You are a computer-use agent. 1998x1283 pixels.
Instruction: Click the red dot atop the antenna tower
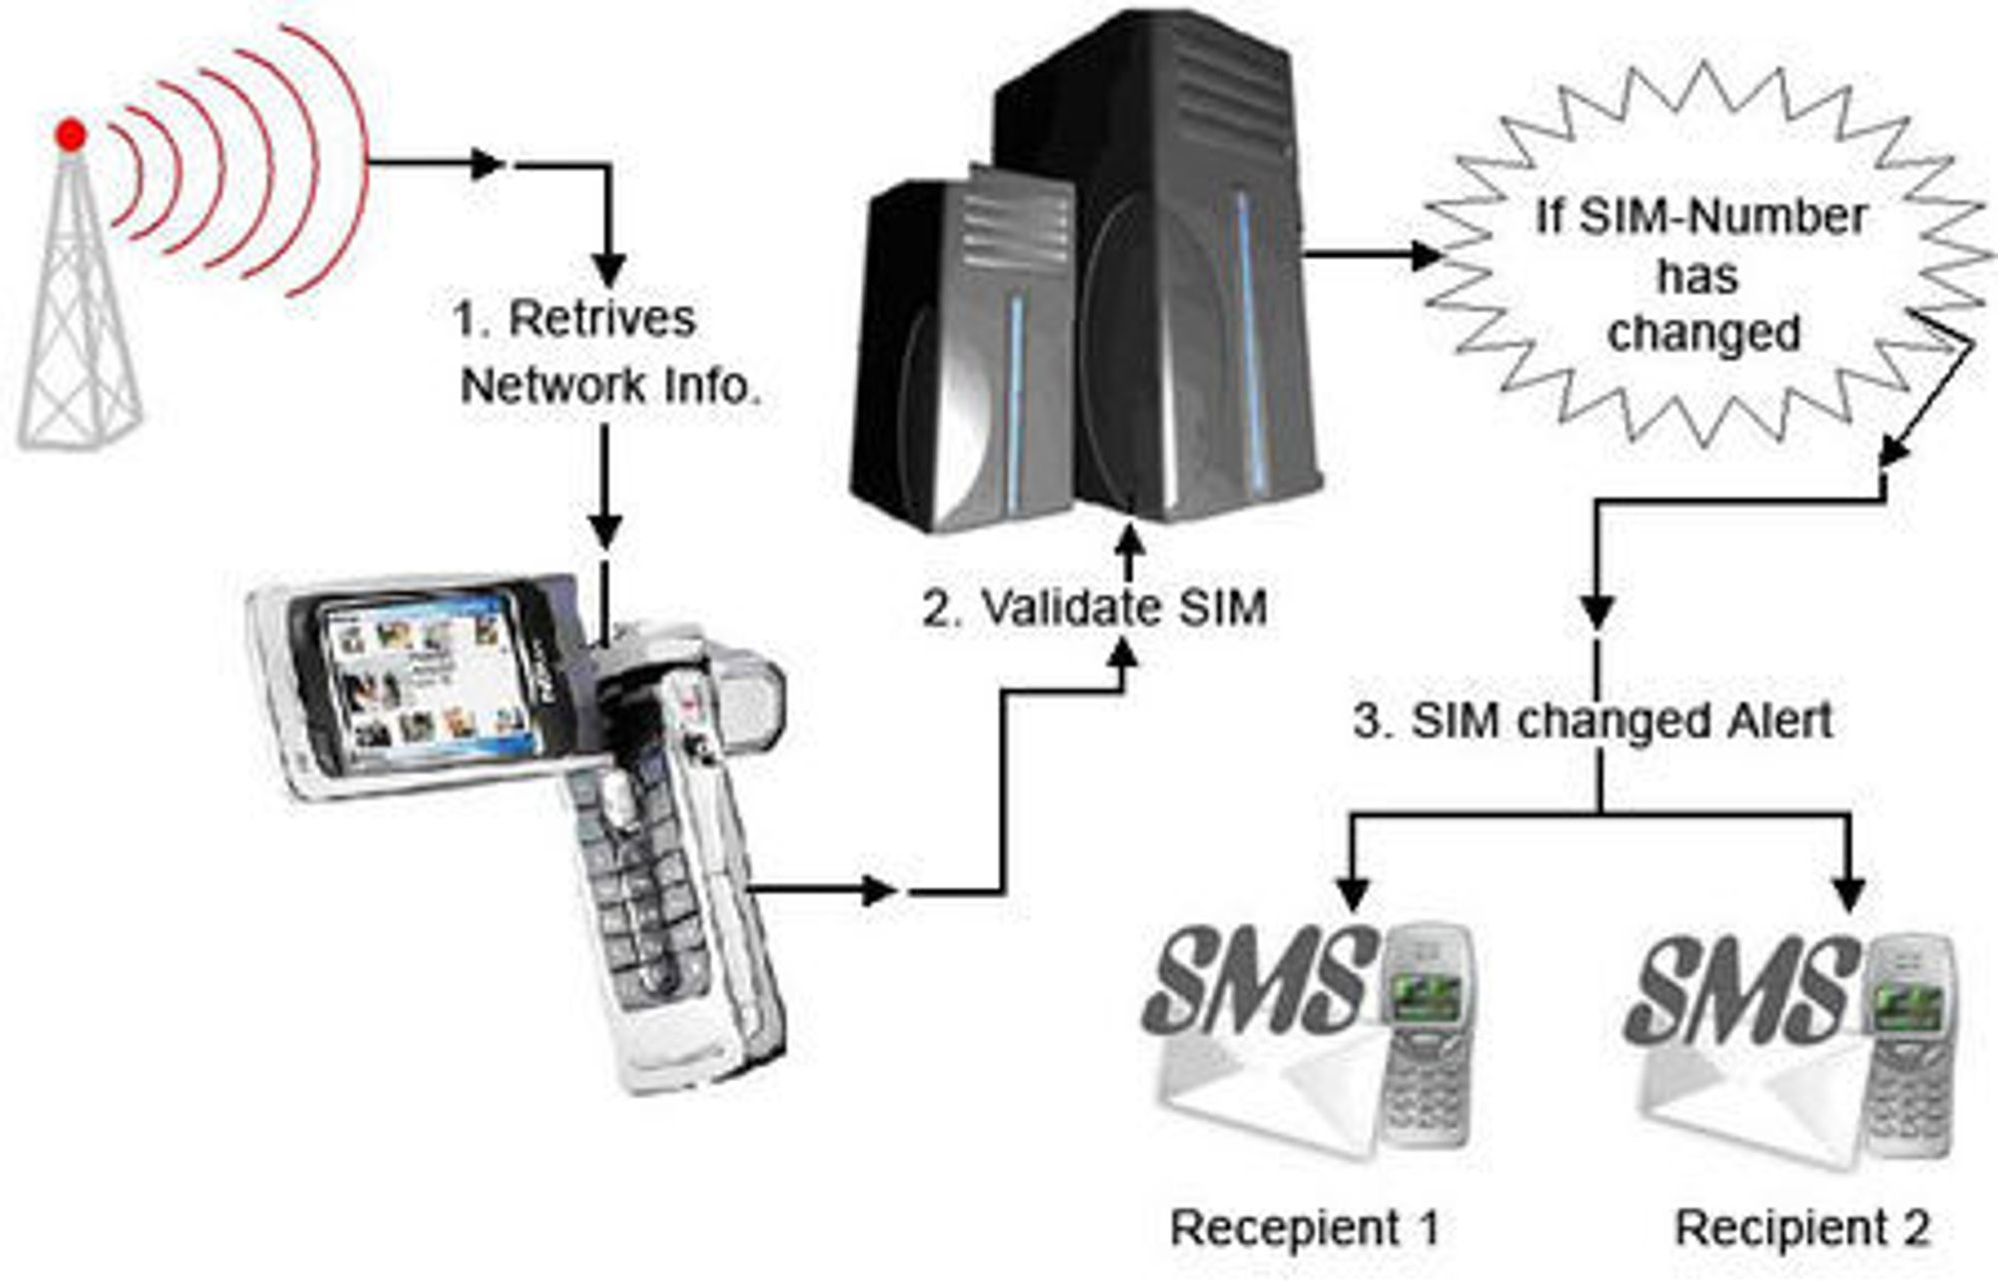tap(70, 135)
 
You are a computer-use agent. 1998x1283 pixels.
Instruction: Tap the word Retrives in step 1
tap(601, 320)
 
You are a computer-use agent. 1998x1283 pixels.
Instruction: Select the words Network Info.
tap(610, 386)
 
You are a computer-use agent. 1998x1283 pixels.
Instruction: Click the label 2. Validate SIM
tap(1095, 608)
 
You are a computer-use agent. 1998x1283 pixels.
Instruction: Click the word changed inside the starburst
tap(1703, 334)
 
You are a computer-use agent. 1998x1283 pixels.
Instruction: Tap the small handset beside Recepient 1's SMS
tap(1426, 1034)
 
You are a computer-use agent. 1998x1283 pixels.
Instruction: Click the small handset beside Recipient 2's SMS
tap(1908, 1044)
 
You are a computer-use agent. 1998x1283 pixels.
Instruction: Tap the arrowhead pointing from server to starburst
tap(1426, 256)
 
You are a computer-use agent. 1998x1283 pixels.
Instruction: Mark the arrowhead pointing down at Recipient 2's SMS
tap(1851, 892)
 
